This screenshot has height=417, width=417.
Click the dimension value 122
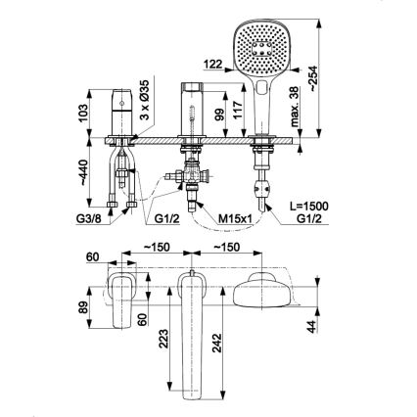pos(211,67)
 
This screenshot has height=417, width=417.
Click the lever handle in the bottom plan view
pos(123,299)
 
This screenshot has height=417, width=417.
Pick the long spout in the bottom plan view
pos(192,333)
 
